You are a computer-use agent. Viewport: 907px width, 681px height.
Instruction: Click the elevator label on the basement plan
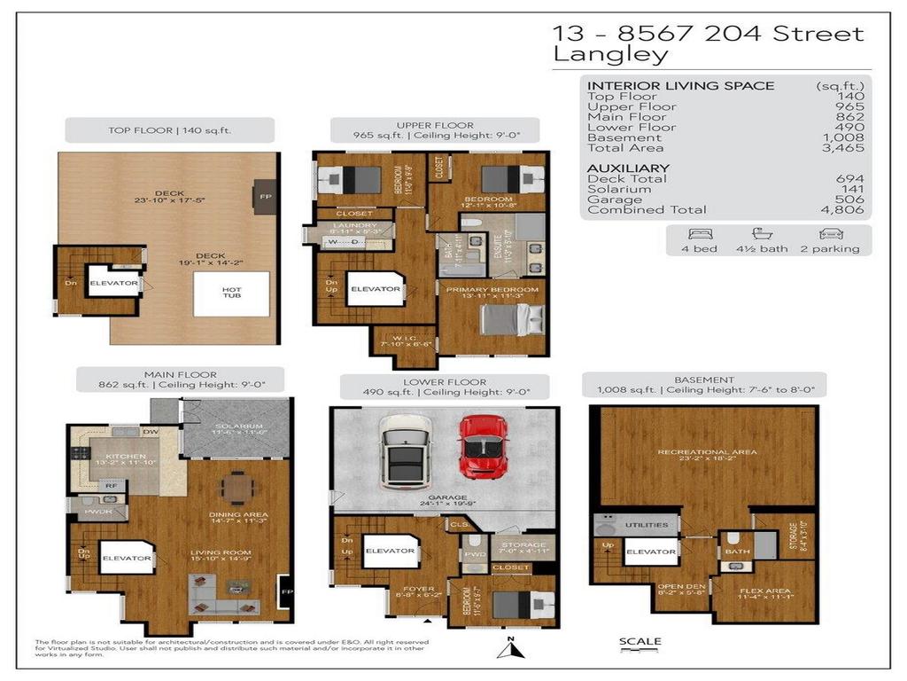650,552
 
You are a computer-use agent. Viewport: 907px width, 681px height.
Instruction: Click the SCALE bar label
640,642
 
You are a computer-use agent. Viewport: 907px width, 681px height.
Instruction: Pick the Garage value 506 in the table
849,200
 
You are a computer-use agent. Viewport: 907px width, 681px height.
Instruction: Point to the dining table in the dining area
236,487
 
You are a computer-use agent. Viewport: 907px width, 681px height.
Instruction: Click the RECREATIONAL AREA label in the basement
706,452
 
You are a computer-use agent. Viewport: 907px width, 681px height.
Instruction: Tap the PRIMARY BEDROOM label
492,290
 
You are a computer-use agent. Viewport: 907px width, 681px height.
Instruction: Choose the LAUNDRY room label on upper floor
341,225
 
